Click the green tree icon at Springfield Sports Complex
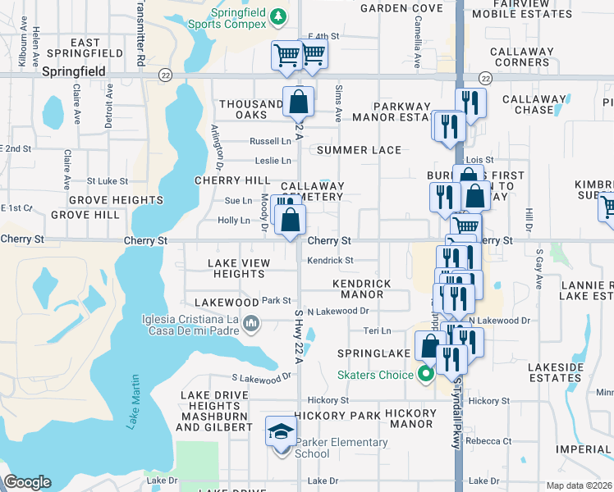279,16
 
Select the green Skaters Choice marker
425,376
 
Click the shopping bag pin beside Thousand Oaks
298,102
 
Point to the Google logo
27,482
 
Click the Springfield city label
74,71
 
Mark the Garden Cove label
390,7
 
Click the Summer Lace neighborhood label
359,150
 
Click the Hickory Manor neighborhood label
411,418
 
